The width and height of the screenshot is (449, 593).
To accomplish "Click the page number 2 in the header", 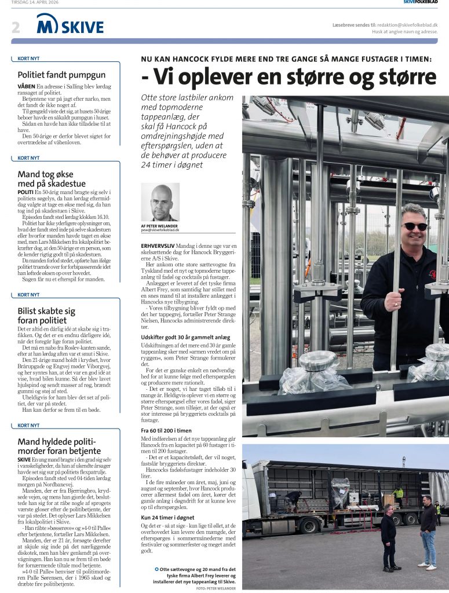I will point(16,26).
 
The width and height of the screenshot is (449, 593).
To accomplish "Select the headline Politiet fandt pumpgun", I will point(61,75).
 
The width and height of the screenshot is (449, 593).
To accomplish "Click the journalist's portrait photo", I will point(160,202).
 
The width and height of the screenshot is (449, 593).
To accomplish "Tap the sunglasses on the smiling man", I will point(415,226).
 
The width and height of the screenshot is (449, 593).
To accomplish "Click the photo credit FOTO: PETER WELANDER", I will point(217,588).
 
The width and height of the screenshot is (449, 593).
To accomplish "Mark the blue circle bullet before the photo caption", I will point(156,569).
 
